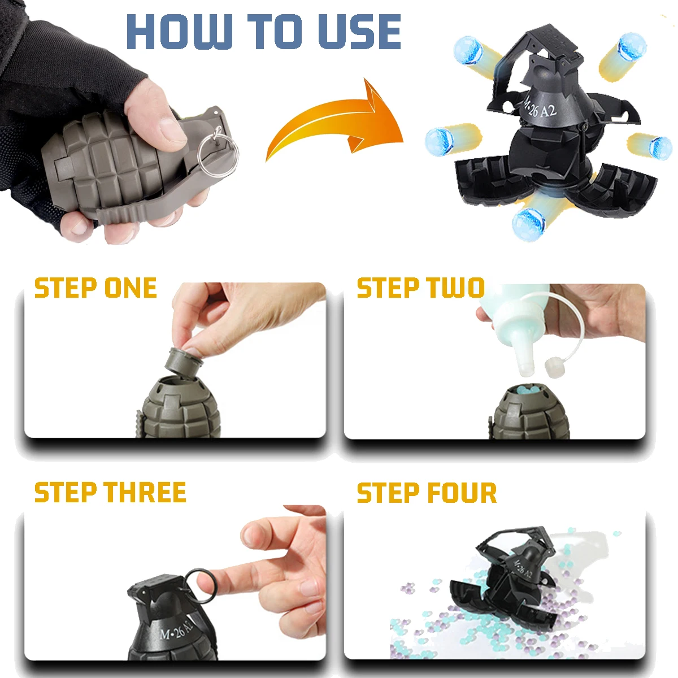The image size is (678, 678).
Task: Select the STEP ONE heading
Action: tap(95, 288)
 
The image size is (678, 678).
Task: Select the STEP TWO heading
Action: tap(421, 288)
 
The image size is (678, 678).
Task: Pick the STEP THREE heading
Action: tap(110, 493)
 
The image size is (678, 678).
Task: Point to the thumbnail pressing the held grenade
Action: tap(172, 129)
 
